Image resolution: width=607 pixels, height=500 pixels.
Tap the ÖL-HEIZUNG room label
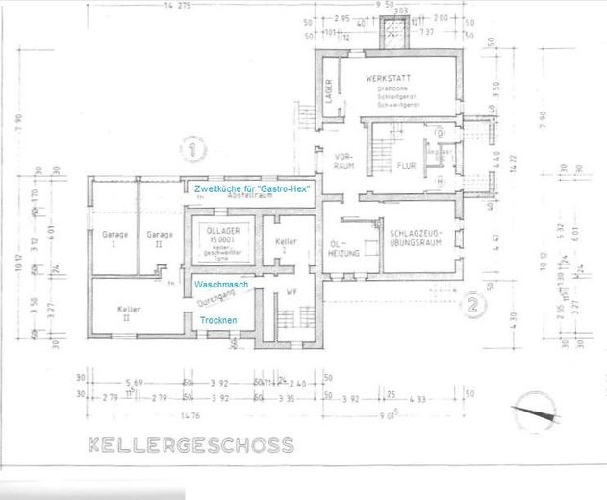coord(342,248)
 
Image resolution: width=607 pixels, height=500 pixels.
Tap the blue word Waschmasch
coord(222,287)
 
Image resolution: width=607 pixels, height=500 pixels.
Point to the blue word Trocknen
coord(220,321)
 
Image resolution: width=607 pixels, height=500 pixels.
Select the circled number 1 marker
coord(196,149)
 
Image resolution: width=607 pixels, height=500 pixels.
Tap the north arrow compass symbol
coord(535,415)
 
